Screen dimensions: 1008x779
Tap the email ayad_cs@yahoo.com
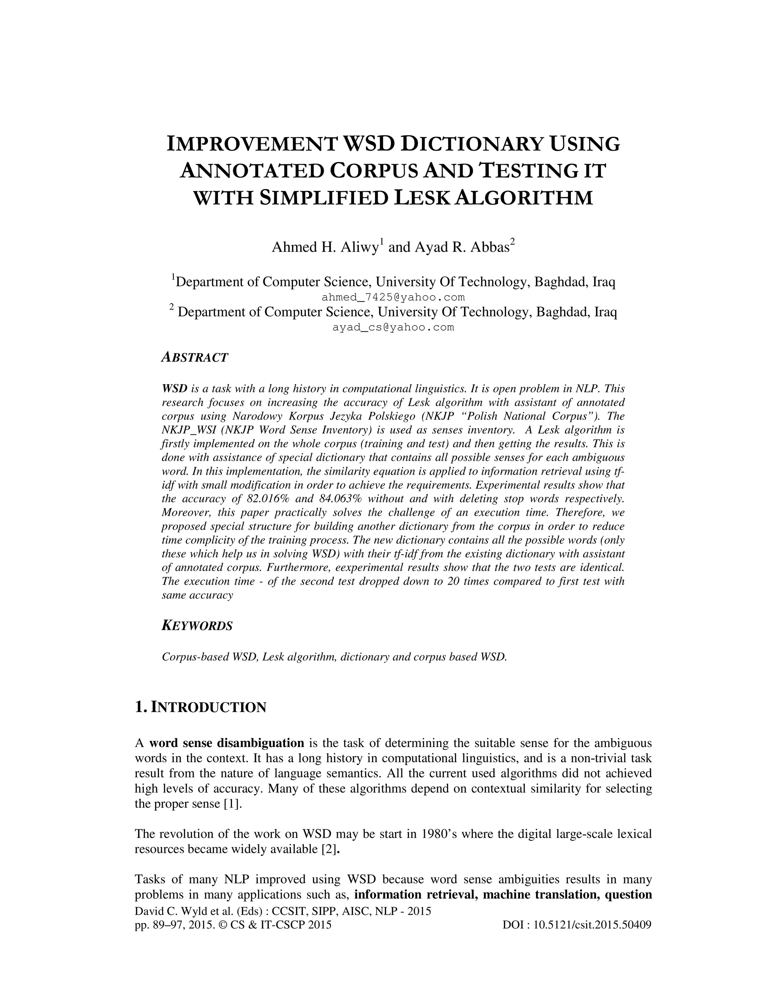pos(393,327)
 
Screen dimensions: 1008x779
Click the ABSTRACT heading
pos(195,358)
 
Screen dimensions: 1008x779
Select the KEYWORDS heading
pos(197,626)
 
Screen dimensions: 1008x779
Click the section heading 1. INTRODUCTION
pos(200,707)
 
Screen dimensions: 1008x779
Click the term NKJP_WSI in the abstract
pos(183,430)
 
